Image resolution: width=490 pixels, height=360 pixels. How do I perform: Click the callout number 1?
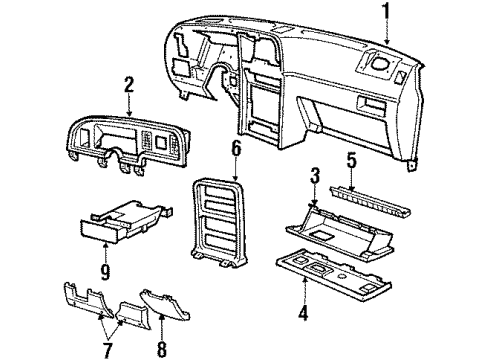pos(386,11)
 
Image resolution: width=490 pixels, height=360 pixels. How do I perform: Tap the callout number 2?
pos(129,85)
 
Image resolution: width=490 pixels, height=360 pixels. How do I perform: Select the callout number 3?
pos(315,176)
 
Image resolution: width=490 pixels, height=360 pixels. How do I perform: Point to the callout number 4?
pos(303,313)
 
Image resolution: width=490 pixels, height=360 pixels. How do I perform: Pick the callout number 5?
pos(352,161)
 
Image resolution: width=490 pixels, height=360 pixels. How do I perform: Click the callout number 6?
pos(236,149)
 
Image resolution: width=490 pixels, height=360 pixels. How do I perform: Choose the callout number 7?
pos(107,349)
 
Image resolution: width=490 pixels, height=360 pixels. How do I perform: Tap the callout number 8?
pos(162,349)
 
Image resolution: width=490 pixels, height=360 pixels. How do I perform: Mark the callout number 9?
pos(105,271)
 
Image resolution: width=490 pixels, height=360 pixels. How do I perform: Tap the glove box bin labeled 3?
pos(340,231)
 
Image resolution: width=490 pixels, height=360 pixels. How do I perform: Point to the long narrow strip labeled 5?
pos(370,201)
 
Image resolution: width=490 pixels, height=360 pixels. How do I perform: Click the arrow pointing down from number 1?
pos(387,32)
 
